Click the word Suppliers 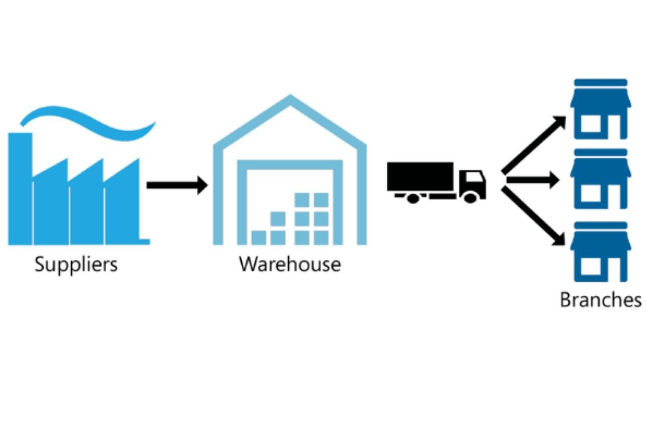(x=76, y=265)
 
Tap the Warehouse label (x=290, y=264)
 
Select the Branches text (x=601, y=300)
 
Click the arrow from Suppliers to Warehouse (x=177, y=185)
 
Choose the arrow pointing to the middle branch (x=532, y=179)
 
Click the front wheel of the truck (x=470, y=198)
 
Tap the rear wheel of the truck (x=413, y=198)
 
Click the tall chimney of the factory (x=20, y=187)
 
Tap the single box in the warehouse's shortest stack (x=259, y=237)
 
